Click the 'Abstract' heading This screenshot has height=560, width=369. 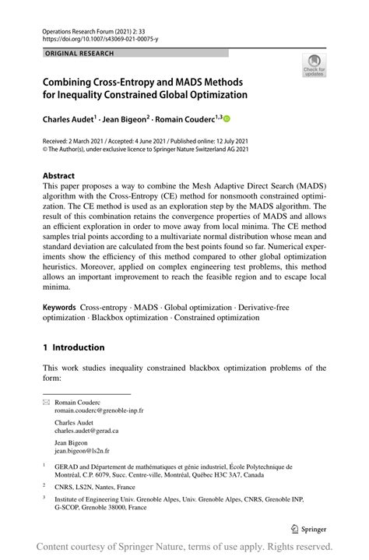click(59, 176)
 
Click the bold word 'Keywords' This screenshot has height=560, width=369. click(61, 308)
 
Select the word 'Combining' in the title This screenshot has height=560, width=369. click(74, 80)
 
